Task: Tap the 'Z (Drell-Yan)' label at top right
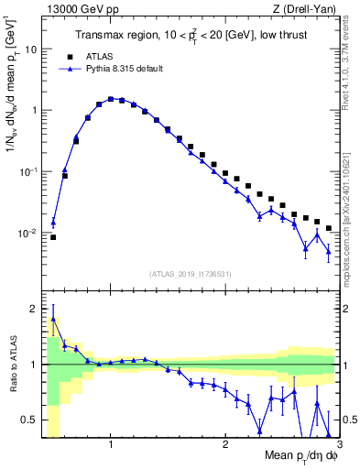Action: [x=310, y=9]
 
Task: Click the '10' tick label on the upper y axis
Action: [x=30, y=49]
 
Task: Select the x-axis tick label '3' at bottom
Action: [x=338, y=445]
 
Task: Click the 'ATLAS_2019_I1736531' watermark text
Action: [x=191, y=274]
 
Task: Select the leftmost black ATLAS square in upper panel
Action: [x=53, y=237]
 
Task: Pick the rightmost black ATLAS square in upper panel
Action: [x=329, y=228]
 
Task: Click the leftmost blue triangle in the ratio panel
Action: [x=53, y=319]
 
